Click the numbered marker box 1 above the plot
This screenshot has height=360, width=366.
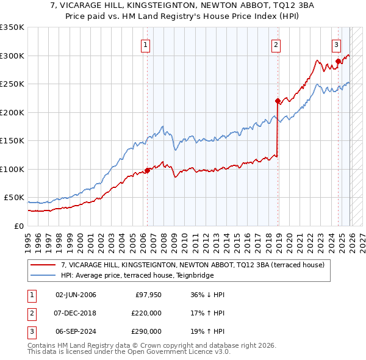coord(146,44)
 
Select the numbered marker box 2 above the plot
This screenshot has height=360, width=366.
coord(276,44)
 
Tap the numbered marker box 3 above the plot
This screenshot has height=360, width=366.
coord(336,44)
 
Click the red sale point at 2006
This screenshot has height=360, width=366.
coord(147,170)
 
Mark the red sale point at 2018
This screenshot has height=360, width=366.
coord(278,101)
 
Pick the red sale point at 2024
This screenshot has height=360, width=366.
coord(338,61)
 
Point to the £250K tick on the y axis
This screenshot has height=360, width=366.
coord(12,84)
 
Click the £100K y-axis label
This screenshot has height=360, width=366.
coord(12,169)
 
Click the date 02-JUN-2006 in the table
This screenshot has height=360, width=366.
coord(76,295)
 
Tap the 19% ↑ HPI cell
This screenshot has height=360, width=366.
coord(207,331)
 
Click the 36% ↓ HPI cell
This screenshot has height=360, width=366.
coord(207,295)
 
